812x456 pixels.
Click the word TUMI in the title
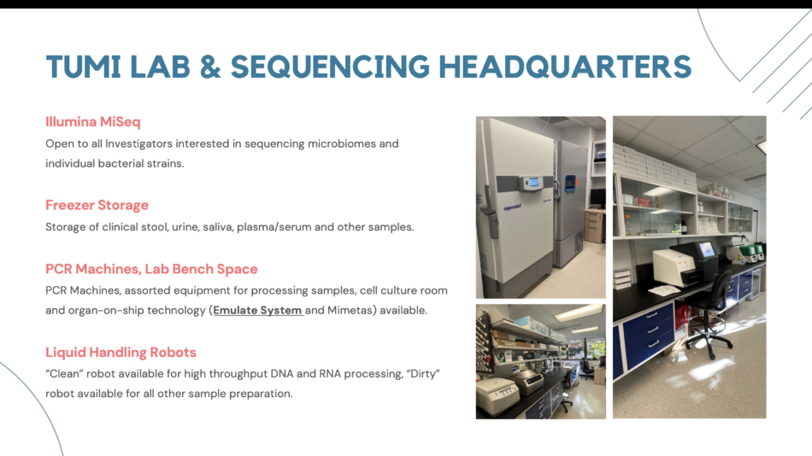pyautogui.click(x=84, y=67)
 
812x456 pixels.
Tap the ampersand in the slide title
pyautogui.click(x=209, y=67)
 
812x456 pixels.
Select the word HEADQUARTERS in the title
pyautogui.click(x=565, y=67)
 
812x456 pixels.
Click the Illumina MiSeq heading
pyautogui.click(x=92, y=121)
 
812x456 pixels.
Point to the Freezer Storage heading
pyautogui.click(x=97, y=205)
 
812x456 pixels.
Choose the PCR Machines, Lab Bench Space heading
pyautogui.click(x=151, y=269)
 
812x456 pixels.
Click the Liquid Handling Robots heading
pyautogui.click(x=121, y=352)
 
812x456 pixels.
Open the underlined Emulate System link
pyautogui.click(x=258, y=310)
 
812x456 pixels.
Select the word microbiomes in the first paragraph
pyautogui.click(x=341, y=143)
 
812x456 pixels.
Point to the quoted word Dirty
pyautogui.click(x=423, y=374)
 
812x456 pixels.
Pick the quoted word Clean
pyautogui.click(x=64, y=374)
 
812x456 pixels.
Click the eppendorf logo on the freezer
pyautogui.click(x=512, y=208)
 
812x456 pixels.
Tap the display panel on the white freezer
pyautogui.click(x=533, y=182)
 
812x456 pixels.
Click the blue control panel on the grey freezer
pyautogui.click(x=570, y=182)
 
